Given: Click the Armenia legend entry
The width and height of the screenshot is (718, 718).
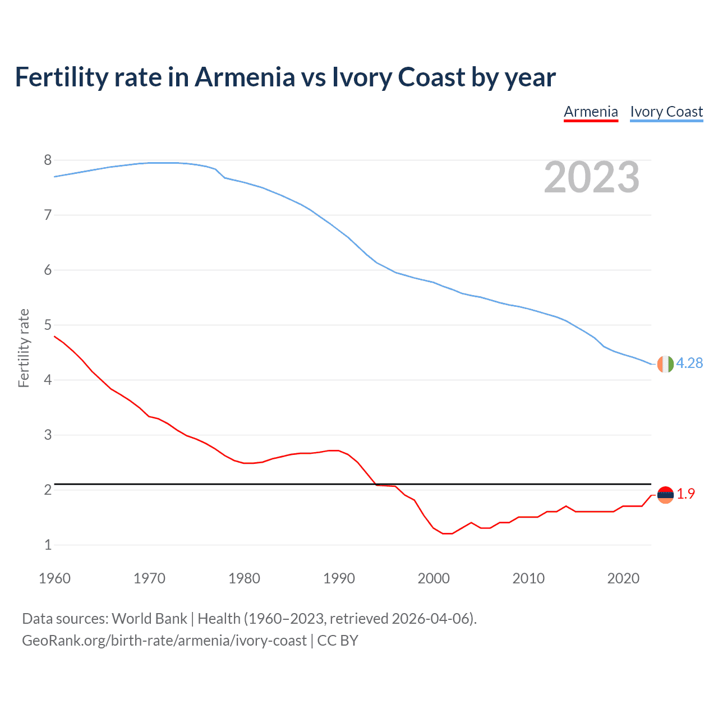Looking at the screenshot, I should point(591,112).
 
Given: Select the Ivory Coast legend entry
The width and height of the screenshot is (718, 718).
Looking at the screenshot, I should point(666,112).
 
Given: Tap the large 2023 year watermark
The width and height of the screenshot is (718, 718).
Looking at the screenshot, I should point(591,177).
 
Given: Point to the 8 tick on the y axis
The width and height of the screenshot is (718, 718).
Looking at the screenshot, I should point(48,160).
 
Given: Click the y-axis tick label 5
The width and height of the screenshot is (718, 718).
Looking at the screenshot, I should point(48,325).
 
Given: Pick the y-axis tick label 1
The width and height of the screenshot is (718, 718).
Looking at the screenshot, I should point(48,545).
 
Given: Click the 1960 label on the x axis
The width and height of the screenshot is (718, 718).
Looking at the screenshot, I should point(54,578).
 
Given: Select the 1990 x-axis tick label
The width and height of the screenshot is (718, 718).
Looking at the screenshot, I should point(339,578).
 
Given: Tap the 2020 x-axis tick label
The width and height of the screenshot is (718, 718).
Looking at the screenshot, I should point(623,578).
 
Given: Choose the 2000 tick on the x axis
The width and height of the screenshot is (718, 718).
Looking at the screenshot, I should point(434,578).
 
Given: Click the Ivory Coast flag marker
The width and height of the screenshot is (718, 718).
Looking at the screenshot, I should point(665,364).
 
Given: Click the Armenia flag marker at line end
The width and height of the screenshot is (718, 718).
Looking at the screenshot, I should point(665,495).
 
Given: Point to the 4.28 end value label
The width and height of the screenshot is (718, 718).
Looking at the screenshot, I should point(689,363).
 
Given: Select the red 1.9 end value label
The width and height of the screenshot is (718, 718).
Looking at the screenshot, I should point(685,494).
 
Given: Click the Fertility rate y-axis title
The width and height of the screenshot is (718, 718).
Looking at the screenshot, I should point(24,348).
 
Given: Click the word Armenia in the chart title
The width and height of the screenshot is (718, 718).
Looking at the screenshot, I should point(244,77).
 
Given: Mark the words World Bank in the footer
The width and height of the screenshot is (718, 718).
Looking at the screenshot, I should point(149,619).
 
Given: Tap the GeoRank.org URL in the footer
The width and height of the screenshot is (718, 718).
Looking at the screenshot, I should point(164,641).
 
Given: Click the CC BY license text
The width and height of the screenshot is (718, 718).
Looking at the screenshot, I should point(338,641).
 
